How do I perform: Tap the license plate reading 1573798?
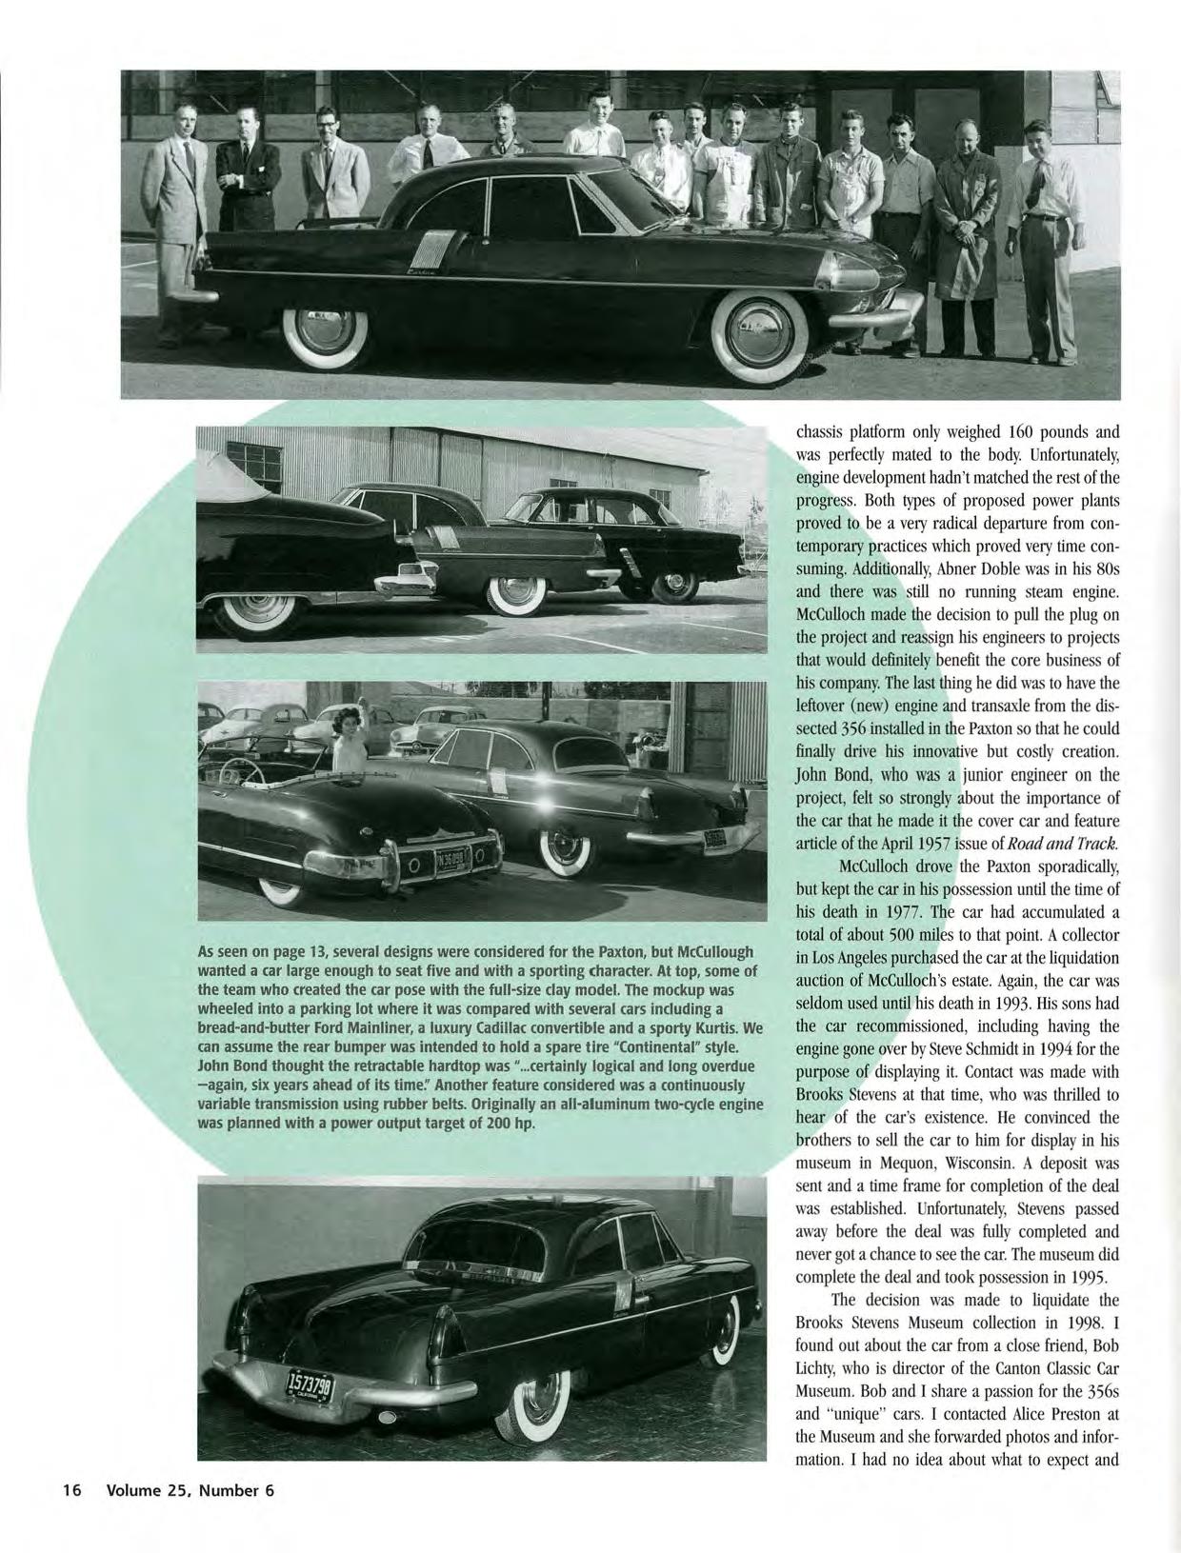pyautogui.click(x=310, y=1390)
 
